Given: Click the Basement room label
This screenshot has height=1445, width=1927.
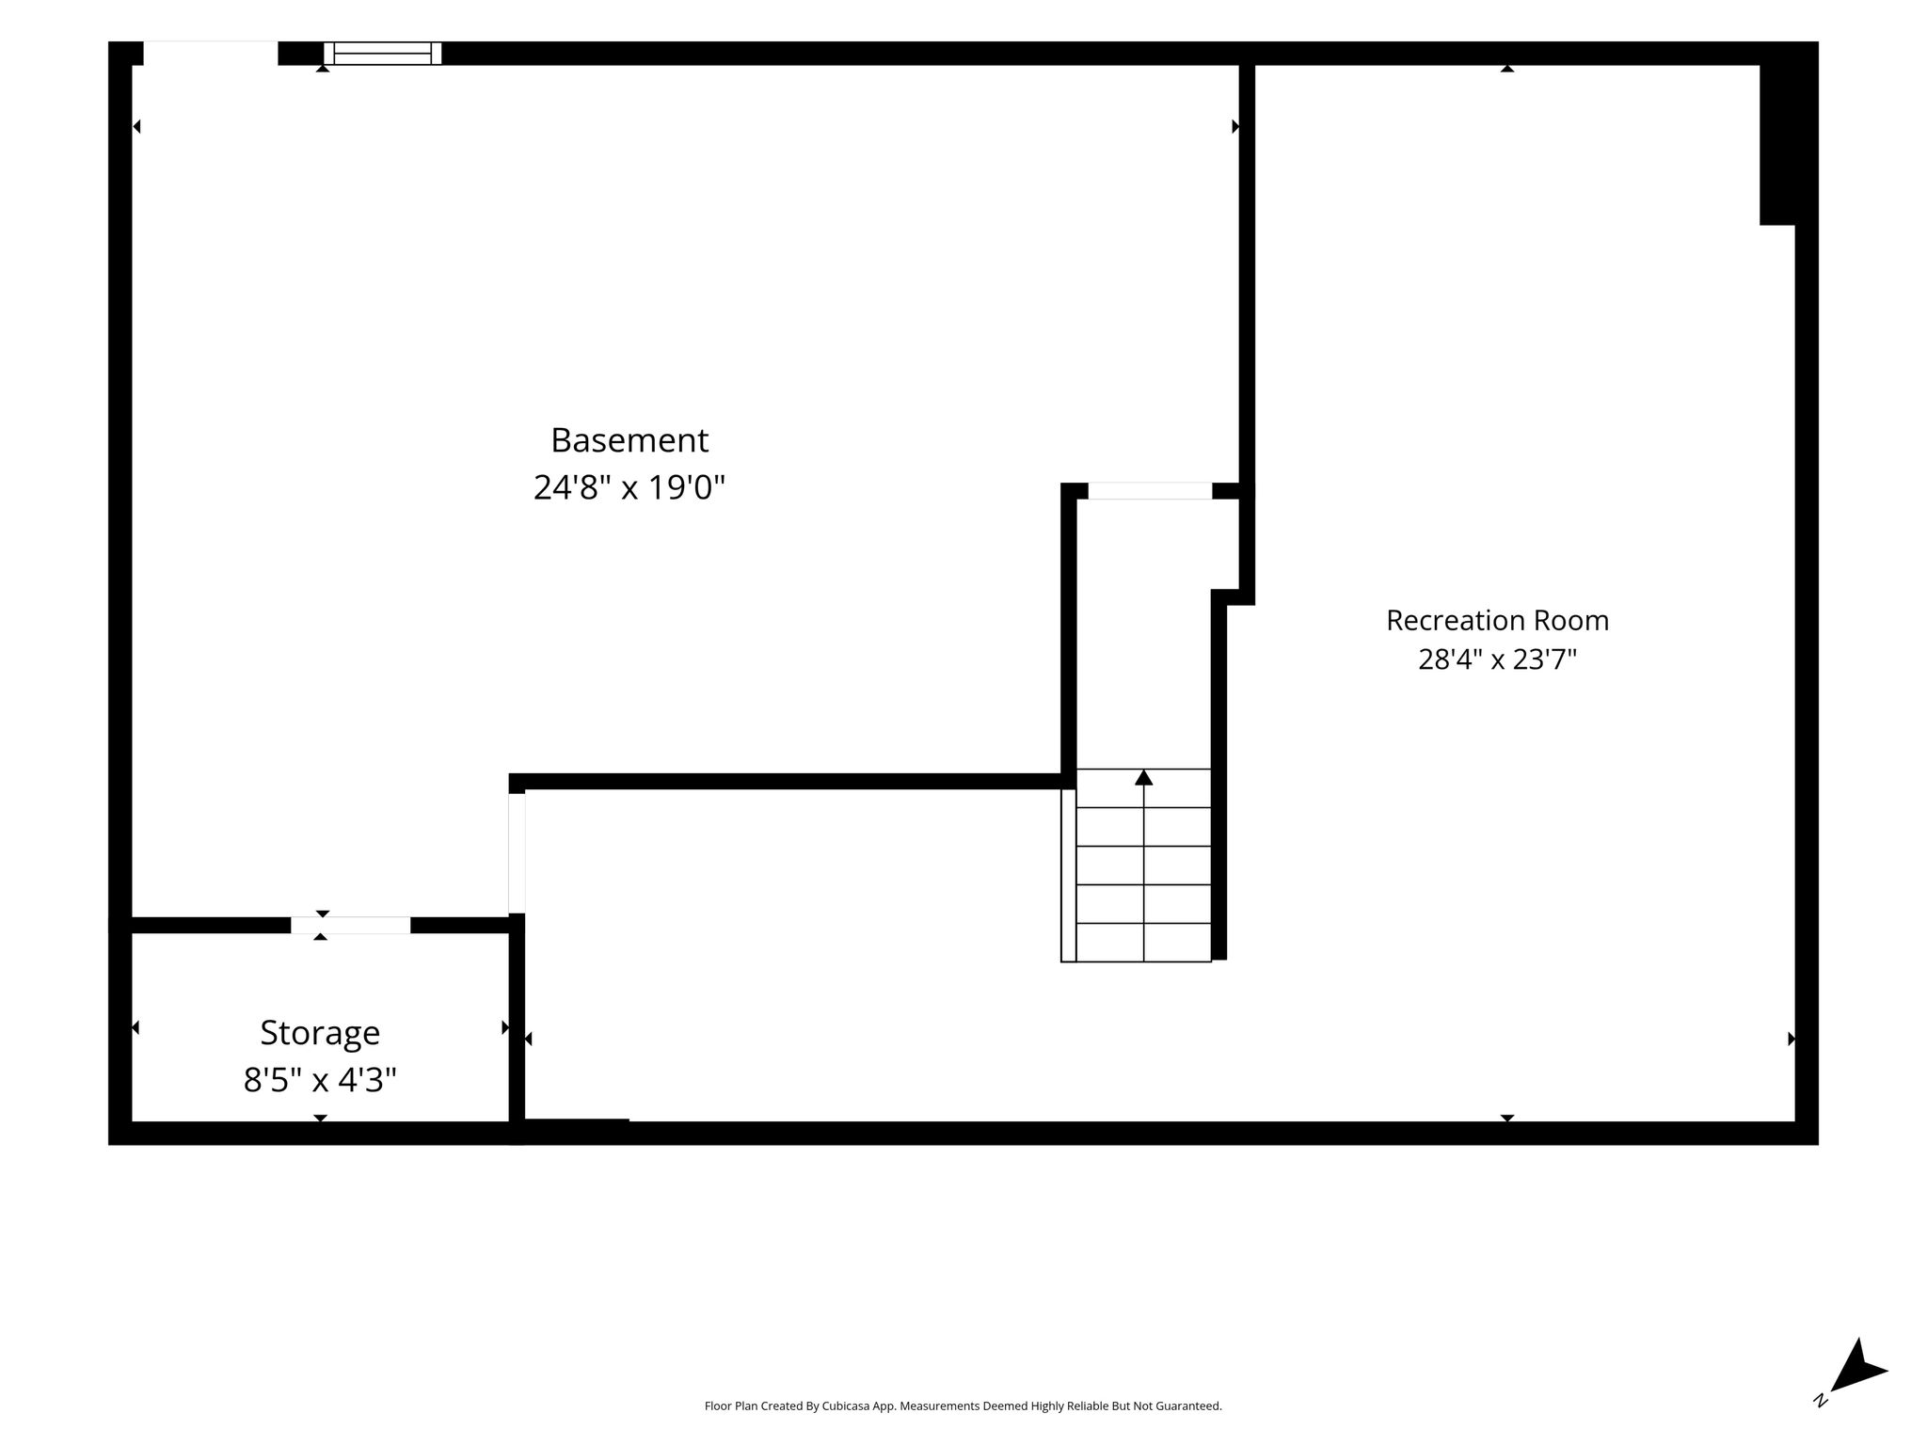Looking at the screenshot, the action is pyautogui.click(x=629, y=439).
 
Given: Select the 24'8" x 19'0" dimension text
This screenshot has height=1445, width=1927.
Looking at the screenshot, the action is pyautogui.click(x=629, y=487).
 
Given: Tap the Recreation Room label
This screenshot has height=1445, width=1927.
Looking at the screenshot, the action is pyautogui.click(x=1497, y=620).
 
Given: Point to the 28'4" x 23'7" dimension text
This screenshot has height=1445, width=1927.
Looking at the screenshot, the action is pyautogui.click(x=1497, y=659).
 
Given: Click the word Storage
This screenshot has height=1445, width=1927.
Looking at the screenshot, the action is pyautogui.click(x=320, y=1033).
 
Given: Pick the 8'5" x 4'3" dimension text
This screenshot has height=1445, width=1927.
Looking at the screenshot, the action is pyautogui.click(x=320, y=1080).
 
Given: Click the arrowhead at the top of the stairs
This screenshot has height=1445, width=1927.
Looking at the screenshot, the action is pyautogui.click(x=1143, y=777).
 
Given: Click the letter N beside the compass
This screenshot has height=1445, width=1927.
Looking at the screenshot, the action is pyautogui.click(x=1821, y=1400).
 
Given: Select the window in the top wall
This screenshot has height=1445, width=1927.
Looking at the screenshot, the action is pyautogui.click(x=383, y=54).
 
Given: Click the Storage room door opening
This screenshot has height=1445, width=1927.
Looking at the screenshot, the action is pyautogui.click(x=350, y=926).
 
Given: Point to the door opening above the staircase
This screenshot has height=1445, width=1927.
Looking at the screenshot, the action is pyautogui.click(x=1150, y=491).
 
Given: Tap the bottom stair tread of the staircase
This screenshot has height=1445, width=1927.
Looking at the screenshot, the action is pyautogui.click(x=1143, y=943).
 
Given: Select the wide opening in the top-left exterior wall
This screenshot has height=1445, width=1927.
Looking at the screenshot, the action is pyautogui.click(x=211, y=54).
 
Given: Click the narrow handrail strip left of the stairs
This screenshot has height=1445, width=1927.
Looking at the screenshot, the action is pyautogui.click(x=1068, y=875).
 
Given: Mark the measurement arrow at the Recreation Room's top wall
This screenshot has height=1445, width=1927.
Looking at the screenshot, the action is pyautogui.click(x=1506, y=68).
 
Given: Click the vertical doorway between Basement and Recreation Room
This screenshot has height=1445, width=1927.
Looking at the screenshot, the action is pyautogui.click(x=517, y=853).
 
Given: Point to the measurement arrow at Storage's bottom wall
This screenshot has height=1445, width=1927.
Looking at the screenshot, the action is pyautogui.click(x=320, y=1118).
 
